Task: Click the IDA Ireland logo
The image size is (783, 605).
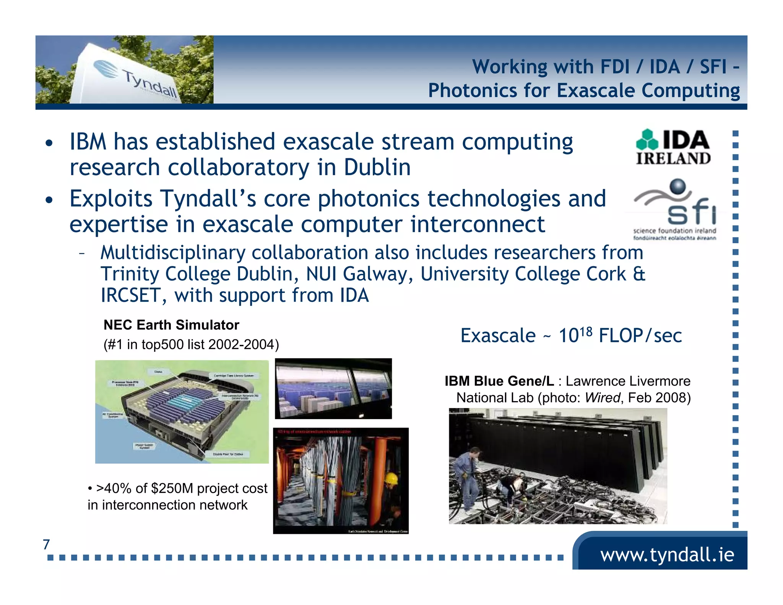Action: pyautogui.click(x=673, y=147)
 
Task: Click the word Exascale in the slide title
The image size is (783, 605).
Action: pyautogui.click(x=597, y=91)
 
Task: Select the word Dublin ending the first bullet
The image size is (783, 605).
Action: pyautogui.click(x=377, y=168)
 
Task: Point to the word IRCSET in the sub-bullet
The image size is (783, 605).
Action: pyautogui.click(x=130, y=296)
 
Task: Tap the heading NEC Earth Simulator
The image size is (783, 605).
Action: pyautogui.click(x=171, y=325)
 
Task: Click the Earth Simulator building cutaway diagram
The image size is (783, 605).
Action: pyautogui.click(x=182, y=411)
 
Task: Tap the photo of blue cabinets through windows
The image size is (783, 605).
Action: pyautogui.click(x=333, y=389)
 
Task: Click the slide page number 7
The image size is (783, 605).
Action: pyautogui.click(x=46, y=544)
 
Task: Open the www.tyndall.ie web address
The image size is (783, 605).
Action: pyautogui.click(x=667, y=555)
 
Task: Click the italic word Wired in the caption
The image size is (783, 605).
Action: pyautogui.click(x=602, y=398)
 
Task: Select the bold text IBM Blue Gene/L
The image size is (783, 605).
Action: pyautogui.click(x=499, y=381)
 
